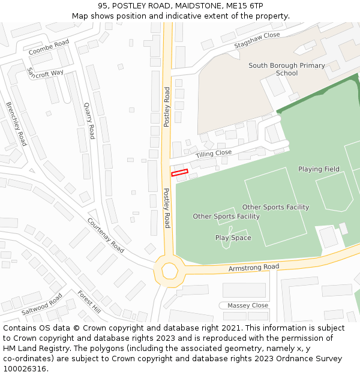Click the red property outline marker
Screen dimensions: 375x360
tap(179, 173)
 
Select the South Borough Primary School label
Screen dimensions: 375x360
tap(287, 70)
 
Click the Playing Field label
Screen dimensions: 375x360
tap(319, 169)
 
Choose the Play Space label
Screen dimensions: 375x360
tap(233, 238)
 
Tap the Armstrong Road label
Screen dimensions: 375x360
tap(254, 267)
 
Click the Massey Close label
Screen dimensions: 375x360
tap(248, 305)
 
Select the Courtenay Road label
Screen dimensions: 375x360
tap(106, 235)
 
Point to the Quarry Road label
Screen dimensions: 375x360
tap(89, 120)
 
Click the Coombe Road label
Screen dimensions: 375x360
tap(49, 47)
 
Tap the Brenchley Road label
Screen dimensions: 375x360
tap(17, 124)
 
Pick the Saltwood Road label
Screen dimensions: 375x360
tap(42, 304)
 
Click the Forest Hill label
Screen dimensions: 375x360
tap(89, 302)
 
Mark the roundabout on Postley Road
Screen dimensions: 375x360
tap(167, 271)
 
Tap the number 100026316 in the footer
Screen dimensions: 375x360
tap(25, 368)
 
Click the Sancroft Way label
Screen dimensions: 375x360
tap(45, 73)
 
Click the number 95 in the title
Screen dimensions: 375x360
tap(103, 5)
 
